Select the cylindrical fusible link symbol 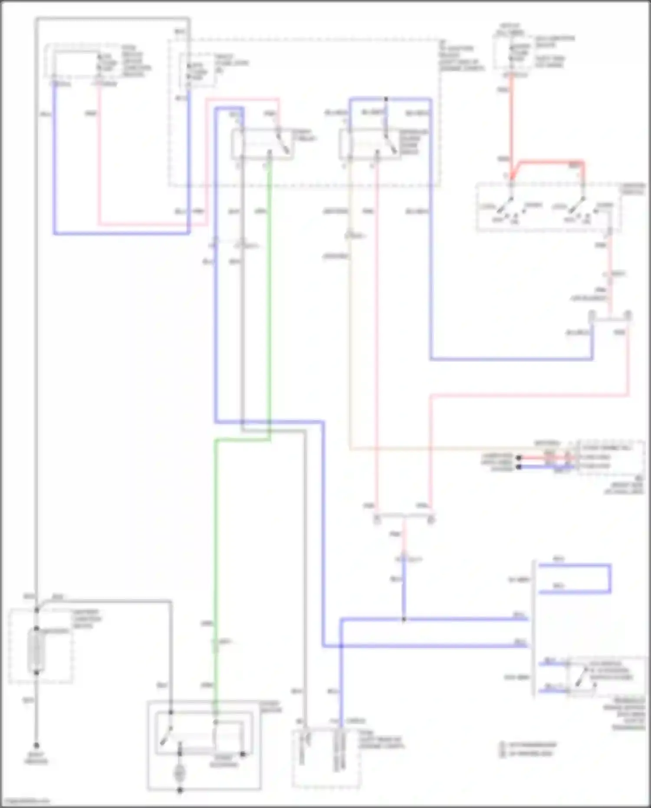tap(36, 650)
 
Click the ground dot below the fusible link tap(36, 745)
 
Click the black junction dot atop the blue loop tap(386, 99)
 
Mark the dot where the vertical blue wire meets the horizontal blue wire tap(404, 620)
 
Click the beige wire tap(350, 347)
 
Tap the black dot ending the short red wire tap(518, 458)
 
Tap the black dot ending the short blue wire tap(518, 467)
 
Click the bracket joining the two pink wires tap(404, 517)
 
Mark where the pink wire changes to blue tap(404, 560)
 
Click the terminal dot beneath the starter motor tap(180, 790)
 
